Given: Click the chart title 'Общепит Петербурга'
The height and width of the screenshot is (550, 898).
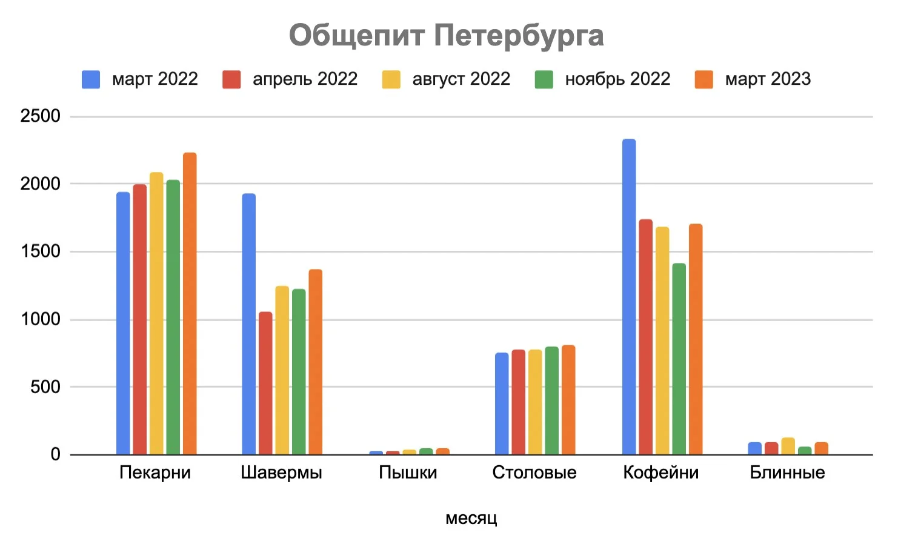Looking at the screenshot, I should [x=446, y=35].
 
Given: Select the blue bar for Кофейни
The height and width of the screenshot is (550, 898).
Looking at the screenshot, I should [x=629, y=297].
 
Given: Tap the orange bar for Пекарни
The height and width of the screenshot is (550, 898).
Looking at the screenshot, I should [x=190, y=303].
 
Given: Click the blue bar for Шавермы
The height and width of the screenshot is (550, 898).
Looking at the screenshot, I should [x=248, y=324].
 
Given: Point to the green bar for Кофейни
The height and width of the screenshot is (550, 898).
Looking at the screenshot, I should [x=679, y=359].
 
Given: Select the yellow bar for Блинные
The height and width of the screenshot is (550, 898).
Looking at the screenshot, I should [x=788, y=446].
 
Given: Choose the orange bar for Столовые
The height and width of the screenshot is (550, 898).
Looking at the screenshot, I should [x=568, y=400].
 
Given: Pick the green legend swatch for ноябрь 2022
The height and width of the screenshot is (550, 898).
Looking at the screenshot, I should [x=544, y=79].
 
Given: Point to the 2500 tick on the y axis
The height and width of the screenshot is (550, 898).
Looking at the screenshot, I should [x=41, y=116].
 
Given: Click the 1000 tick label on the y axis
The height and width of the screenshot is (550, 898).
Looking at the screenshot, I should [x=41, y=319].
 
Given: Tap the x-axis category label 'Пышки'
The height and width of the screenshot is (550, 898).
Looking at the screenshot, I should [x=408, y=472].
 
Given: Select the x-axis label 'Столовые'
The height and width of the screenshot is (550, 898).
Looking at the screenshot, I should [x=534, y=472].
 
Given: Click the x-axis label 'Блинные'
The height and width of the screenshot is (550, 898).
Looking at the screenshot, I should [x=787, y=472].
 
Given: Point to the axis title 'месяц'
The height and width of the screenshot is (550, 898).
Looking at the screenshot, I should [x=471, y=519].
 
